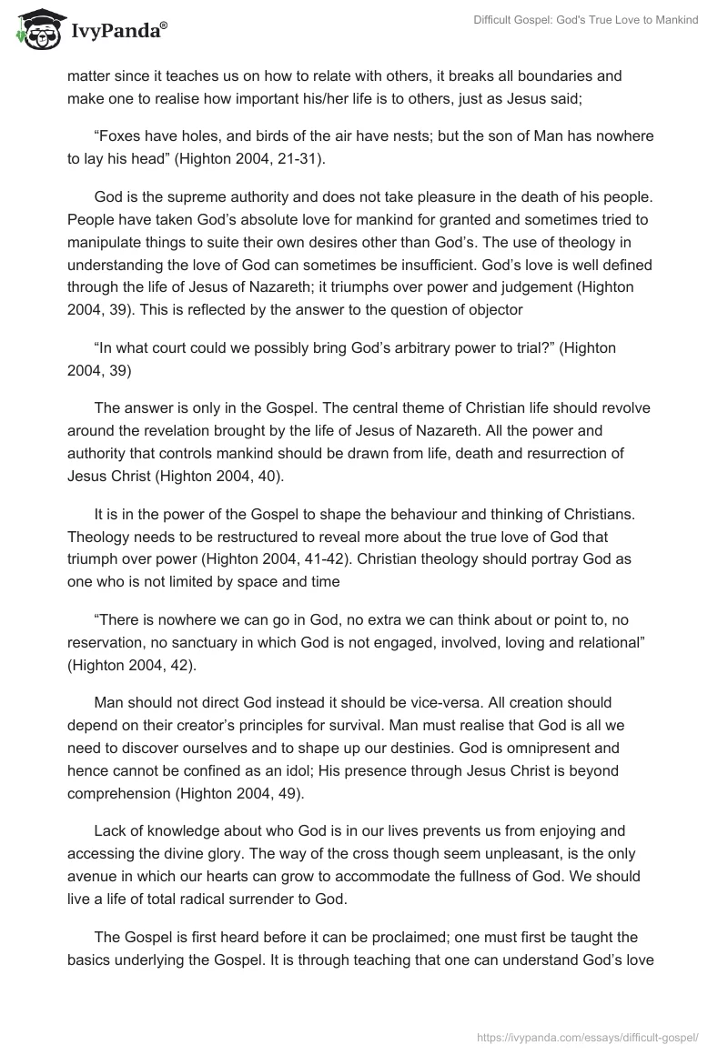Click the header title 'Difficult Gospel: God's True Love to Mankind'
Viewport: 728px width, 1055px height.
pos(585,20)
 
